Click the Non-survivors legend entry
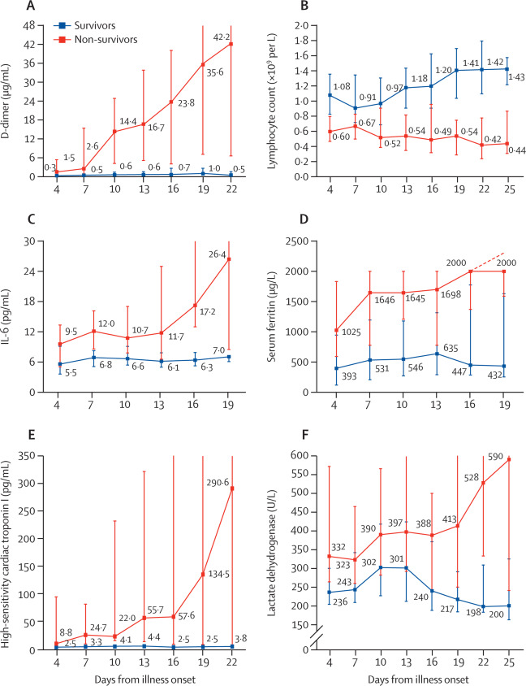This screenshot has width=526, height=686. click(x=101, y=37)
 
